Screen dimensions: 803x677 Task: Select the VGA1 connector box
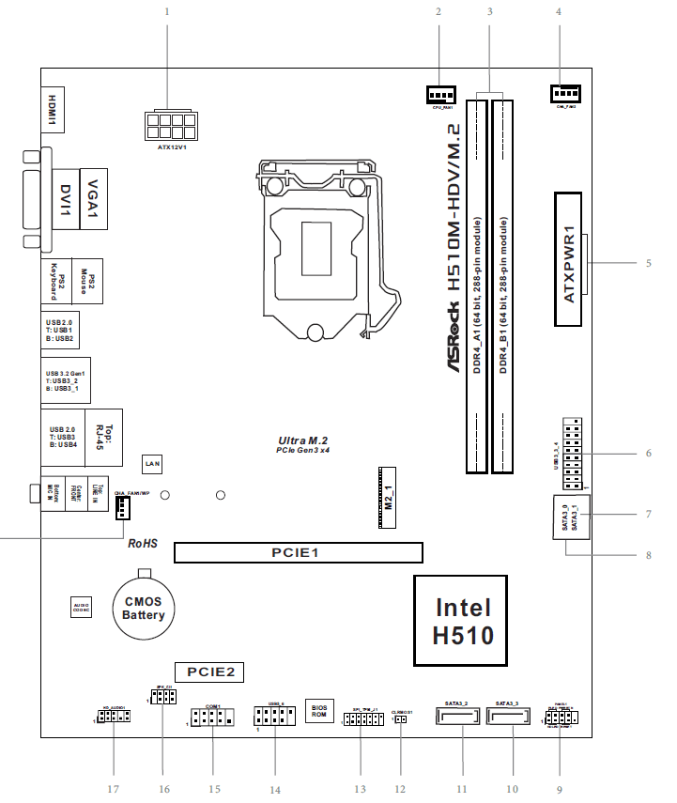point(93,199)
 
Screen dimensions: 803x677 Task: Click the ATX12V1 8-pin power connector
point(171,124)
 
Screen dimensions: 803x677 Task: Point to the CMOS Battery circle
point(142,609)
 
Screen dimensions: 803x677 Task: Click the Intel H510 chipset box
point(461,620)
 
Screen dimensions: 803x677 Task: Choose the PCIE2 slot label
point(215,672)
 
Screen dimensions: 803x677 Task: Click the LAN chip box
point(151,463)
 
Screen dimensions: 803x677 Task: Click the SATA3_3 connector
point(507,718)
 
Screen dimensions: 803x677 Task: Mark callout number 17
point(114,788)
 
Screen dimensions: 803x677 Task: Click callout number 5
point(648,263)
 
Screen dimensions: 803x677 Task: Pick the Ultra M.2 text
point(302,440)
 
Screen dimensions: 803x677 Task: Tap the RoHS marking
point(142,543)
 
